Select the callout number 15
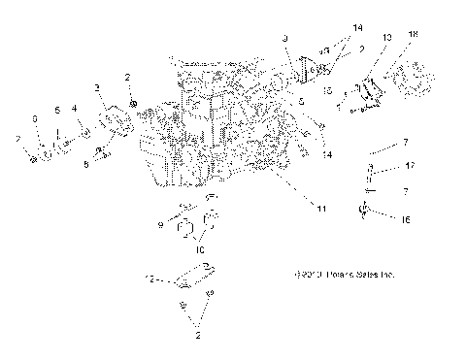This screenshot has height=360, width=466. (328, 90)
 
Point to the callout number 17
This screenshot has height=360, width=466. (411, 167)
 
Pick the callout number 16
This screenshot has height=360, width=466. (404, 220)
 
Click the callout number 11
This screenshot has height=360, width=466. (321, 208)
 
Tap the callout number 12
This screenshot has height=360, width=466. (148, 278)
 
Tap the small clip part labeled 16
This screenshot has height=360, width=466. (365, 209)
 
